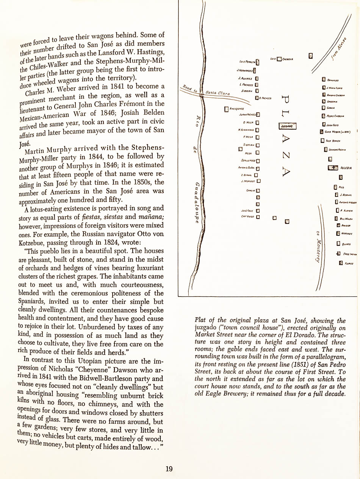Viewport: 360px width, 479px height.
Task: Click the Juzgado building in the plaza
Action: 288,126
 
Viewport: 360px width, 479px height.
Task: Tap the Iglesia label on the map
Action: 347,167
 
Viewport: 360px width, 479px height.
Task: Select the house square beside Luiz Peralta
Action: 258,61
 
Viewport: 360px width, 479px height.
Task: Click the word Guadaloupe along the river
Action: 197,202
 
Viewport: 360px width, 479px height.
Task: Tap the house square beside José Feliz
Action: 258,211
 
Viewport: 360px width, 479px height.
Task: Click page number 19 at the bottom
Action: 169,469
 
